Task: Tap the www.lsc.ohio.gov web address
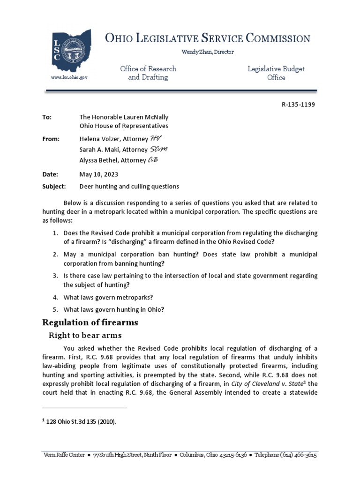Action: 69,77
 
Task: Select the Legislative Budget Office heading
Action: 276,73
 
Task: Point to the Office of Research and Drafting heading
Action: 148,73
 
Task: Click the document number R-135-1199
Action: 295,105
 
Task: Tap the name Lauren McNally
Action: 146,117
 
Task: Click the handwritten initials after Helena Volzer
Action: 155,139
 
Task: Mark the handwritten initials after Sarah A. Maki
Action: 157,150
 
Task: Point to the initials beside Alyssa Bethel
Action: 153,160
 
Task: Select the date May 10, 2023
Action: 99,174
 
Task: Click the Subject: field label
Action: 54,186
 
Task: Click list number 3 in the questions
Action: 55,276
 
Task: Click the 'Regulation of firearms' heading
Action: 90,322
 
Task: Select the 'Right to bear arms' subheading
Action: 86,335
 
